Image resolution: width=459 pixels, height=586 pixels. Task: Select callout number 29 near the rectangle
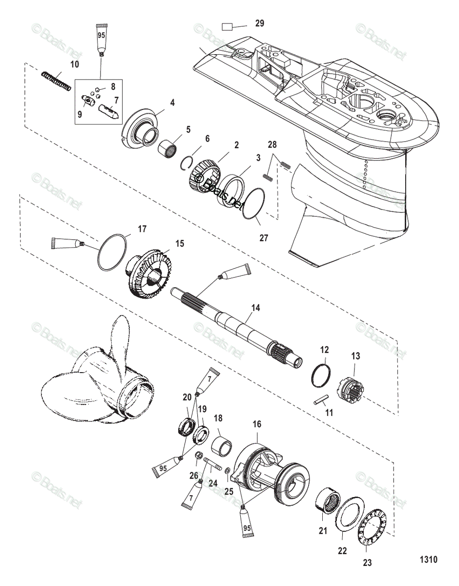tap(259, 23)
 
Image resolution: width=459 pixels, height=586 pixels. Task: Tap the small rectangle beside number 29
tap(228, 26)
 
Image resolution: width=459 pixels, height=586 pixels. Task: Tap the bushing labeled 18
tap(220, 446)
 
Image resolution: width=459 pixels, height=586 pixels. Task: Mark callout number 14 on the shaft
tap(256, 308)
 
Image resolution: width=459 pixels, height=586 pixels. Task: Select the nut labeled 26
tap(199, 456)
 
